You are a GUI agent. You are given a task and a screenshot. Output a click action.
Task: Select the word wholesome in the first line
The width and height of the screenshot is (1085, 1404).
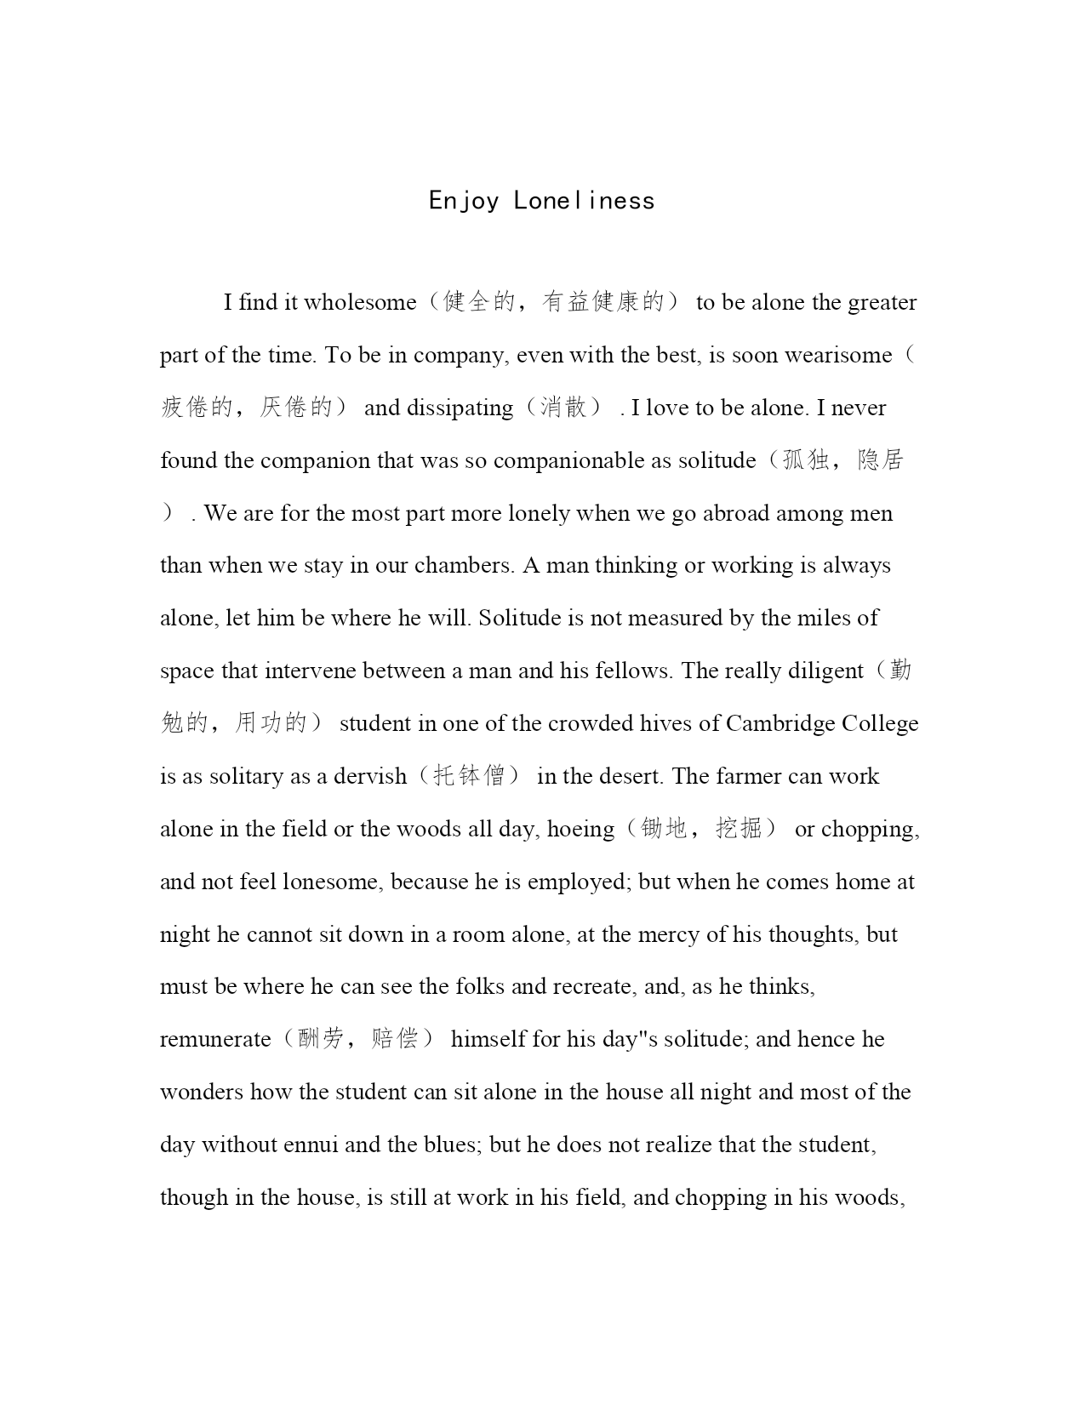tap(360, 303)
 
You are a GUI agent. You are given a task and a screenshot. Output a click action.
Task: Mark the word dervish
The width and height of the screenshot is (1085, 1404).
tap(370, 777)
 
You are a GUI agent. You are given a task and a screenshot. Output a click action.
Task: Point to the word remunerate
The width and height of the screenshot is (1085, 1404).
tap(215, 1040)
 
